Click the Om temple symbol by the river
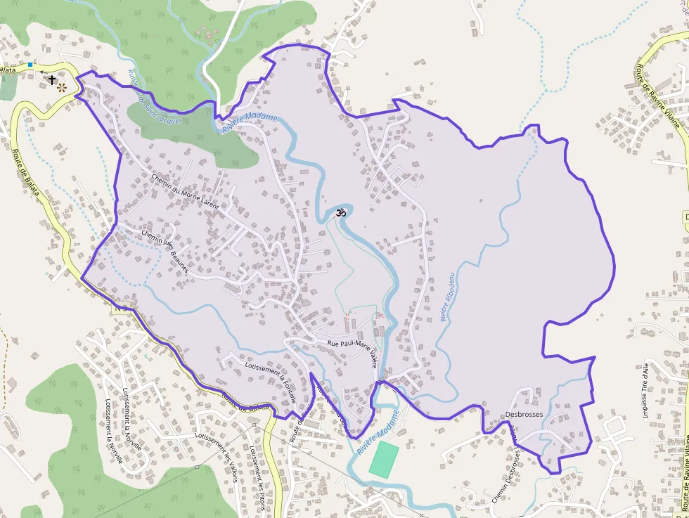tap(340, 212)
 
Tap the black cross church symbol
tap(51, 80)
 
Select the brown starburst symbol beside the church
tap(62, 88)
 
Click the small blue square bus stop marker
tap(30, 65)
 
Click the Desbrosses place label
tap(524, 415)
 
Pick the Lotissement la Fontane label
tap(270, 380)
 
